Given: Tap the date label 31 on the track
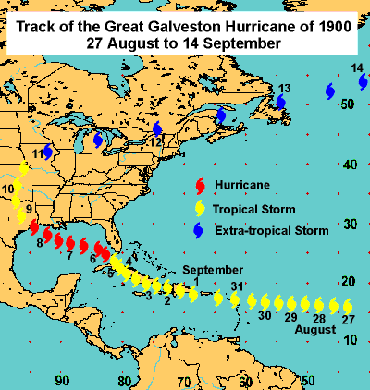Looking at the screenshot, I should (238, 286).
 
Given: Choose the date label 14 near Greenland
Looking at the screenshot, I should (357, 69).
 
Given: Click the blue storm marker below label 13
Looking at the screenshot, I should (280, 102).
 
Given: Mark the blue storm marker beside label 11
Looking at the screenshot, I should (48, 152).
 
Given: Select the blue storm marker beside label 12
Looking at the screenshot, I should (157, 129).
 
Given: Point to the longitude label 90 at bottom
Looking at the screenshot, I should (62, 380).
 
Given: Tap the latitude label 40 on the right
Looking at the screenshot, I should (348, 165).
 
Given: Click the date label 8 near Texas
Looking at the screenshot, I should (39, 243).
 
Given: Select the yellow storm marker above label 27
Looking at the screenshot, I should (348, 306).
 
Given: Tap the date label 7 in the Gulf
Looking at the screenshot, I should (70, 255).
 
